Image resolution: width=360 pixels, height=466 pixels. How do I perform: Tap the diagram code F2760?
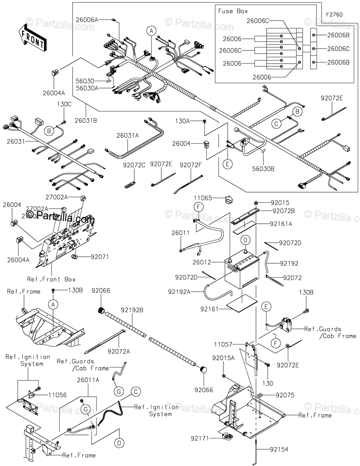tap(334, 14)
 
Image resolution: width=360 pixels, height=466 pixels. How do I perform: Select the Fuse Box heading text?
tap(233, 11)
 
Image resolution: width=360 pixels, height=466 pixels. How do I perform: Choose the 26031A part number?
tap(128, 136)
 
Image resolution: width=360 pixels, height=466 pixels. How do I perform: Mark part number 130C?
tap(64, 104)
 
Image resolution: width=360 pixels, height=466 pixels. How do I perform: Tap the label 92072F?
tap(190, 165)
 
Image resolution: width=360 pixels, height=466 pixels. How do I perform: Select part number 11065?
tap(203, 198)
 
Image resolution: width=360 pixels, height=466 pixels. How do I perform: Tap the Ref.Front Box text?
tap(51, 279)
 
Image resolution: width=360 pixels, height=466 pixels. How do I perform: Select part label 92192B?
tap(132, 310)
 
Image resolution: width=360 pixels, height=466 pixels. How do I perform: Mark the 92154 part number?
tap(279, 450)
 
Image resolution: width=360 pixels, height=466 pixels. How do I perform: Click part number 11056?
tap(58, 395)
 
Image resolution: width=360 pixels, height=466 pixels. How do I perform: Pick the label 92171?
tap(199, 438)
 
